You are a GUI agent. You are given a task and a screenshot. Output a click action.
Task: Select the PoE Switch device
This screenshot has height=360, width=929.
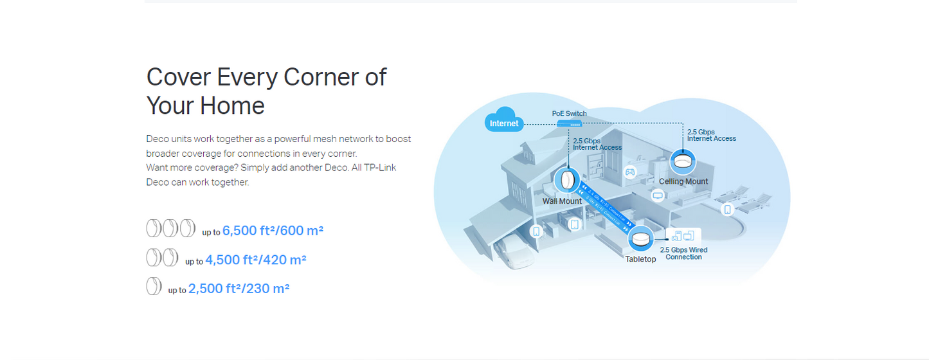(x=570, y=123)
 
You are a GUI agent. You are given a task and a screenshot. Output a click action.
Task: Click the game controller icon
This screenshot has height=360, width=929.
(x=630, y=172)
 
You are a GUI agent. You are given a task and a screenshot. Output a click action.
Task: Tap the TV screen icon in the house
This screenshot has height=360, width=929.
(x=658, y=195)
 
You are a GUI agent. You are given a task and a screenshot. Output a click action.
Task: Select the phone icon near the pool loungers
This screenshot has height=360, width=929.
(x=727, y=209)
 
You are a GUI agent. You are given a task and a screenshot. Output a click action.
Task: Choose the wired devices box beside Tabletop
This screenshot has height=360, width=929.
(x=684, y=235)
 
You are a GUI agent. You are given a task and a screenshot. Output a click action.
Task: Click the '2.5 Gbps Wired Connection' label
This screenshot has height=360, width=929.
(x=683, y=253)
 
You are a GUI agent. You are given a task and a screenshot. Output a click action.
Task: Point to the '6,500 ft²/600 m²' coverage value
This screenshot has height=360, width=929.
(x=273, y=230)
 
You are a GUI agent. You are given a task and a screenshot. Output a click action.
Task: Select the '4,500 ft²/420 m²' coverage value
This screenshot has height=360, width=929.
(x=255, y=260)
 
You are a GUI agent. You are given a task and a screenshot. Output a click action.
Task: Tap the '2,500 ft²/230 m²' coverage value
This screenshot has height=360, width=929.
(x=239, y=289)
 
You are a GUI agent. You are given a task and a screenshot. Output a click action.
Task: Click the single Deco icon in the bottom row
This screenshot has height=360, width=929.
(x=154, y=286)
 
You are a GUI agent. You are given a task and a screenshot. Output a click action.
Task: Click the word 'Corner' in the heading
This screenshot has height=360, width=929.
(x=312, y=77)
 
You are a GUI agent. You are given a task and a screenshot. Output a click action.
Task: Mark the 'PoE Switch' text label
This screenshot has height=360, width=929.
(x=569, y=114)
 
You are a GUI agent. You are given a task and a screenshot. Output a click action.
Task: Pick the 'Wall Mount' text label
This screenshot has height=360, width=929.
(x=562, y=201)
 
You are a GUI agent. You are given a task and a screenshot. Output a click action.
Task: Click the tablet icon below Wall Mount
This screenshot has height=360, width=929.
(x=574, y=224)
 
